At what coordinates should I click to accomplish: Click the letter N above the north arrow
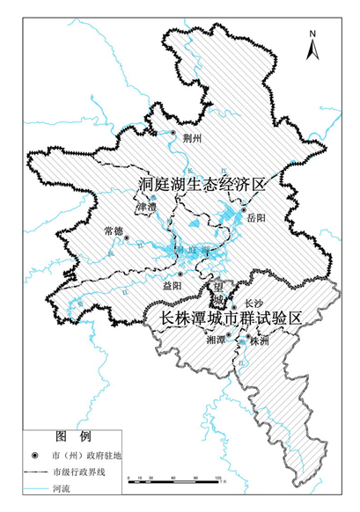pyautogui.click(x=312, y=34)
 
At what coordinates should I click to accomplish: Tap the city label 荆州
pyautogui.click(x=193, y=139)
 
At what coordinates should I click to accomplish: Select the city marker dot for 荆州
pyautogui.click(x=174, y=134)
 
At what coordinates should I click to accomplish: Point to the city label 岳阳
pyautogui.click(x=256, y=216)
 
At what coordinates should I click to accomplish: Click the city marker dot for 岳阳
pyautogui.click(x=243, y=210)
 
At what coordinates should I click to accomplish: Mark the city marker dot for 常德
pyautogui.click(x=127, y=238)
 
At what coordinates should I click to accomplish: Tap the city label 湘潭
pyautogui.click(x=214, y=339)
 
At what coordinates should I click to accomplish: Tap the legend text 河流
pyautogui.click(x=62, y=486)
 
